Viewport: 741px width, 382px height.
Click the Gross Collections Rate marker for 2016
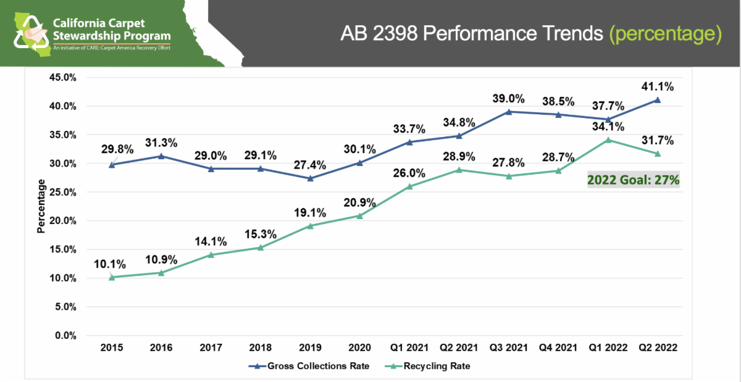point(161,156)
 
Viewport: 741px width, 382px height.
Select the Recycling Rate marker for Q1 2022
point(608,139)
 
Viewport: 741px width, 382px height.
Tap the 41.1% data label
point(658,86)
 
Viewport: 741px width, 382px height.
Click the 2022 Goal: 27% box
point(634,180)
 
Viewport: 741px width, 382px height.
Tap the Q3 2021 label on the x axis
point(508,348)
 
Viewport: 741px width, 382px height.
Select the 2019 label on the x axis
point(310,348)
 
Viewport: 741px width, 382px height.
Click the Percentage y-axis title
point(41,206)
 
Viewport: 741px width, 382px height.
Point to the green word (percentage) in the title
point(666,33)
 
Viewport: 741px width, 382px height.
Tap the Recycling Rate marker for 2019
point(310,226)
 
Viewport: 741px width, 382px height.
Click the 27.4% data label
point(310,165)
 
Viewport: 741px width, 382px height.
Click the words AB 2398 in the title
point(379,33)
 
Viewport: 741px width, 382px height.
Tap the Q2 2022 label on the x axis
point(658,348)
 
